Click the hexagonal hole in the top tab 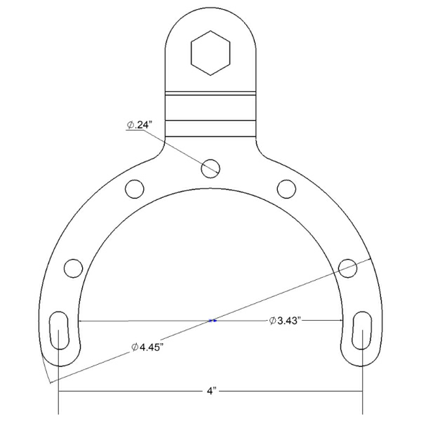point(210,53)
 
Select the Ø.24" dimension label point(140,125)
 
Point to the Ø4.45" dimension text point(147,347)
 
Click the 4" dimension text point(211,391)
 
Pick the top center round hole point(210,168)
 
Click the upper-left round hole point(135,189)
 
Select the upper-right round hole point(286,189)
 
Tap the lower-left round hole point(73,268)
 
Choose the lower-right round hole point(348,268)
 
